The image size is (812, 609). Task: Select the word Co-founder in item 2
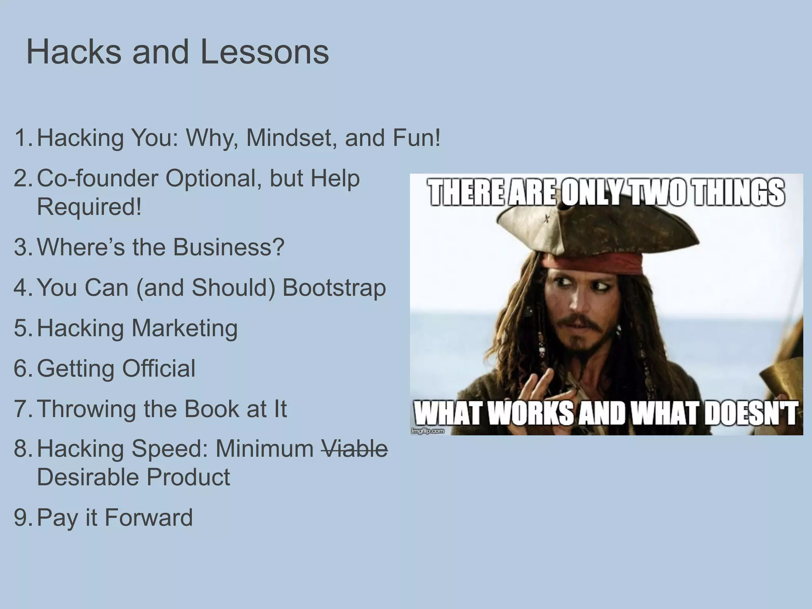point(98,178)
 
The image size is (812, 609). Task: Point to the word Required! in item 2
point(89,207)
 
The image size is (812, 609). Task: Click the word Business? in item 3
point(228,247)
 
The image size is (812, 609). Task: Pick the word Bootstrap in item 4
point(334,287)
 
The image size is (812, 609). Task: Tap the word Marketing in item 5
point(184,328)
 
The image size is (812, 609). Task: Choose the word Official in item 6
point(159,368)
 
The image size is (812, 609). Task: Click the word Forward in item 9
point(149,517)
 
